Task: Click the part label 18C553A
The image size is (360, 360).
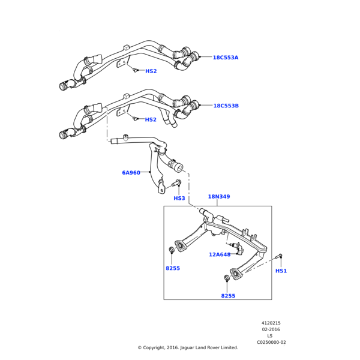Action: point(226,58)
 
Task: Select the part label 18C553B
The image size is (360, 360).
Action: point(226,106)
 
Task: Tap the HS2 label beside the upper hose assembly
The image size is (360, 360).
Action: point(151,71)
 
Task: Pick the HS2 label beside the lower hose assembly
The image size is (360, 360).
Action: point(151,120)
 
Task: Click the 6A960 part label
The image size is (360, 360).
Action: point(131,173)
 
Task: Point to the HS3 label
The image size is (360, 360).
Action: point(179,199)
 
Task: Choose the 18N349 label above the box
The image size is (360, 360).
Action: point(219,197)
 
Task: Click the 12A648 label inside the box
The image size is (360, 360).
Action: point(220,254)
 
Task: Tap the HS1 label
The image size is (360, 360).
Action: point(281,271)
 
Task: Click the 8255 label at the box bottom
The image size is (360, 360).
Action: point(228,296)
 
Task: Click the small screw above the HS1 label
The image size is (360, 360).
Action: point(279,256)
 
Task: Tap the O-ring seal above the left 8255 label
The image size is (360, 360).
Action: point(172,250)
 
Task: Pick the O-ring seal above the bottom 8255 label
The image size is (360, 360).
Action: point(227,277)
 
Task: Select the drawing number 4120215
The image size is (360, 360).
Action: point(271,323)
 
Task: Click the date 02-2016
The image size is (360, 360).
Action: point(271,330)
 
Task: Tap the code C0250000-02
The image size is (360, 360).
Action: point(271,342)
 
